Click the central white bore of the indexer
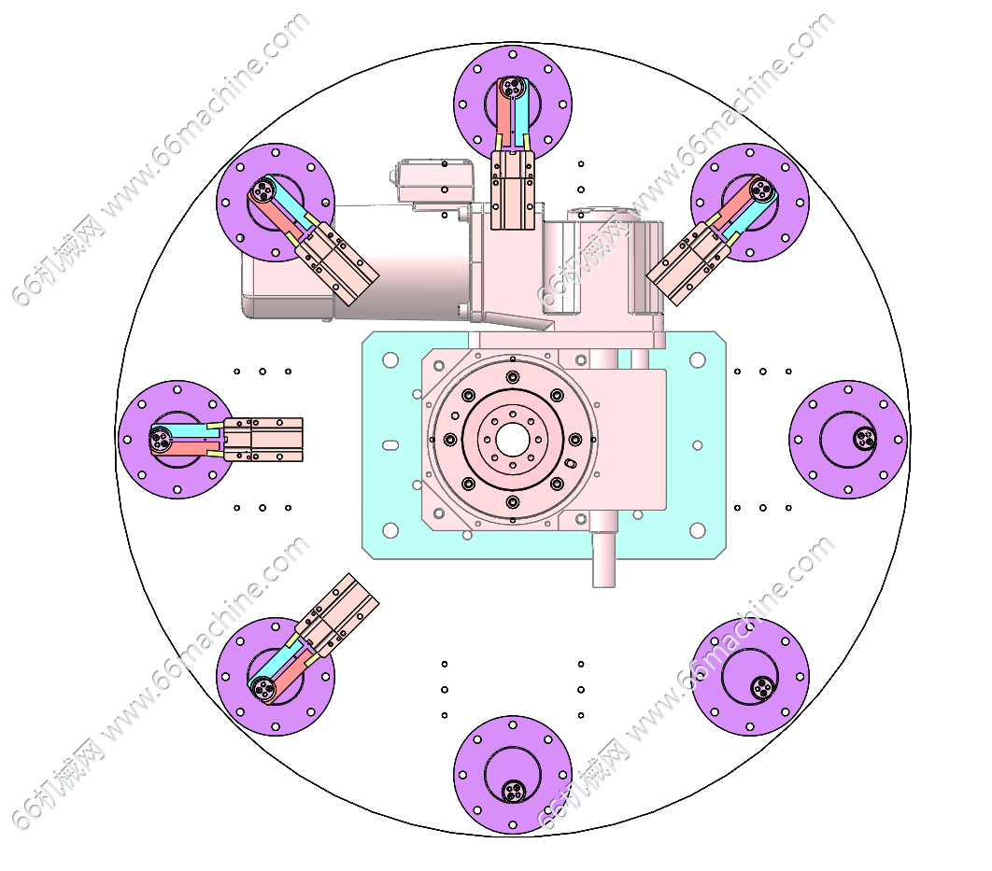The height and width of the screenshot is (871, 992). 513,440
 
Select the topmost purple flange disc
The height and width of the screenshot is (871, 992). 513,105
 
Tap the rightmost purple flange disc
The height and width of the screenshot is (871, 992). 848,440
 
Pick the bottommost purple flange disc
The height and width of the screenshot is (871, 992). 513,774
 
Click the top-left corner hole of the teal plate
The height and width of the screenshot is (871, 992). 390,360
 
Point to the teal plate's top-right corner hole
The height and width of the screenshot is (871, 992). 697,360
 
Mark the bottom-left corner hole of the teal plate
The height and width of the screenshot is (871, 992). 390,529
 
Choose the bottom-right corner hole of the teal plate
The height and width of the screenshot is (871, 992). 697,529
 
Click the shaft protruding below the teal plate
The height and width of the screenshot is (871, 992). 603,559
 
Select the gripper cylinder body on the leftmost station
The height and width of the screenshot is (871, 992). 263,440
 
